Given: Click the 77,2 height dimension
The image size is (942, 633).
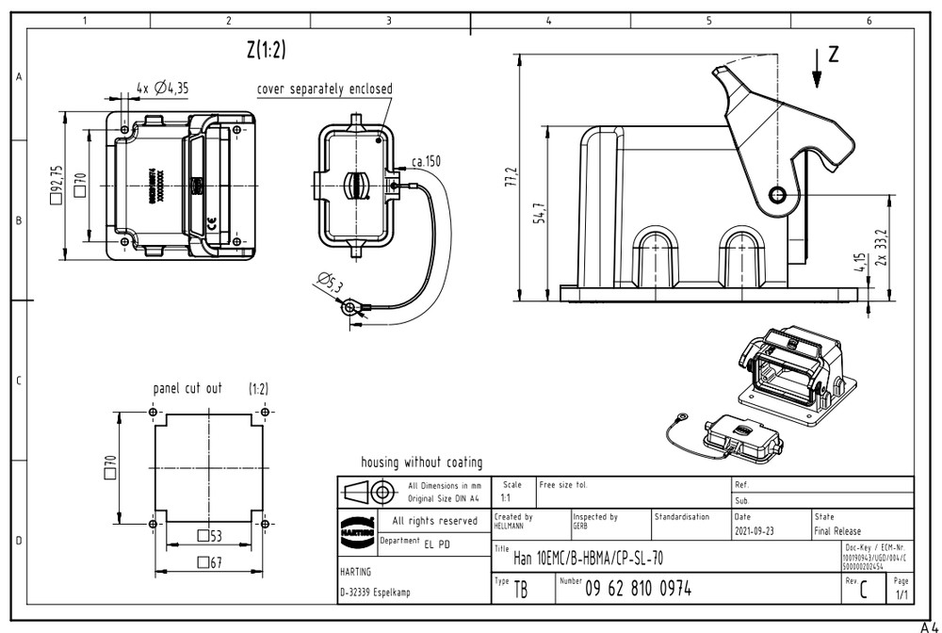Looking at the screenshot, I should tap(512, 177).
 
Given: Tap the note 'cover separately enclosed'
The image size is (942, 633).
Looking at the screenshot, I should tap(324, 89).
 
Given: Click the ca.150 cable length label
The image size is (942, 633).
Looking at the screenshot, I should tap(426, 162).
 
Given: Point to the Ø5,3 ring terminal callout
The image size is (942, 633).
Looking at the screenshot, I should tap(332, 282).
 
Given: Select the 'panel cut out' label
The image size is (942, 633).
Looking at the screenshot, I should tap(187, 388).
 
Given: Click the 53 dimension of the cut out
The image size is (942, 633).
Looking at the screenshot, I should tap(210, 536).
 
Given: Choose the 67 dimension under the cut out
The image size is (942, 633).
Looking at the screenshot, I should tap(210, 562).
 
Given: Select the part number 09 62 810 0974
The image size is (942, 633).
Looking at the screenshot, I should tap(638, 589).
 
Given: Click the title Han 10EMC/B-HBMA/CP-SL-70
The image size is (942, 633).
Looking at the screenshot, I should tap(587, 559).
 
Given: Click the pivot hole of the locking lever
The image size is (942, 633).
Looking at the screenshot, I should tap(777, 195).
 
